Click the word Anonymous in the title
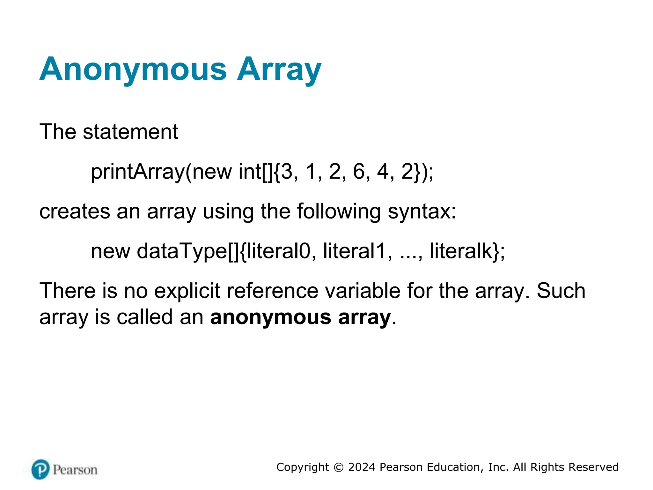(x=133, y=70)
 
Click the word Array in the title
(x=279, y=70)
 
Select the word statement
(x=130, y=132)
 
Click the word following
(x=339, y=212)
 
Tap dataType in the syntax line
(x=182, y=251)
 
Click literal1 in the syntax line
(x=354, y=251)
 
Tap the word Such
(x=561, y=291)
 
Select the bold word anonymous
(x=271, y=317)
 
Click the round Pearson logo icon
(x=40, y=470)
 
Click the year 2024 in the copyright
(x=362, y=467)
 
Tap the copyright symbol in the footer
(x=339, y=468)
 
